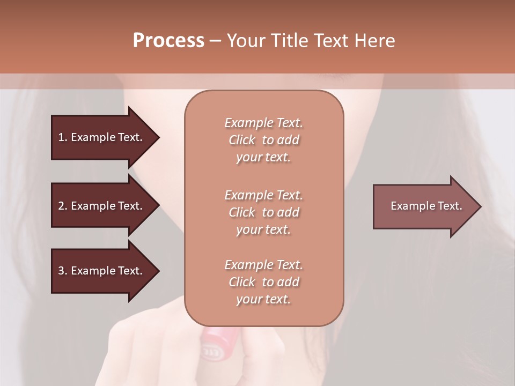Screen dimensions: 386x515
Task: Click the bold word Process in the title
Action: tap(168, 41)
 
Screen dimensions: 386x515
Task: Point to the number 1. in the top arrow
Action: tap(63, 137)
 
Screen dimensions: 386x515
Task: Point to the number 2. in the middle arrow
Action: tap(63, 206)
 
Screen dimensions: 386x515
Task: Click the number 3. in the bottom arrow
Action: tap(63, 271)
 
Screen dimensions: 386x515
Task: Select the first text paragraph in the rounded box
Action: tap(263, 140)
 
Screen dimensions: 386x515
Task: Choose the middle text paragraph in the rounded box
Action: tap(263, 212)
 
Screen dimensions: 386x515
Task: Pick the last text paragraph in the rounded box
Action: tap(263, 282)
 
